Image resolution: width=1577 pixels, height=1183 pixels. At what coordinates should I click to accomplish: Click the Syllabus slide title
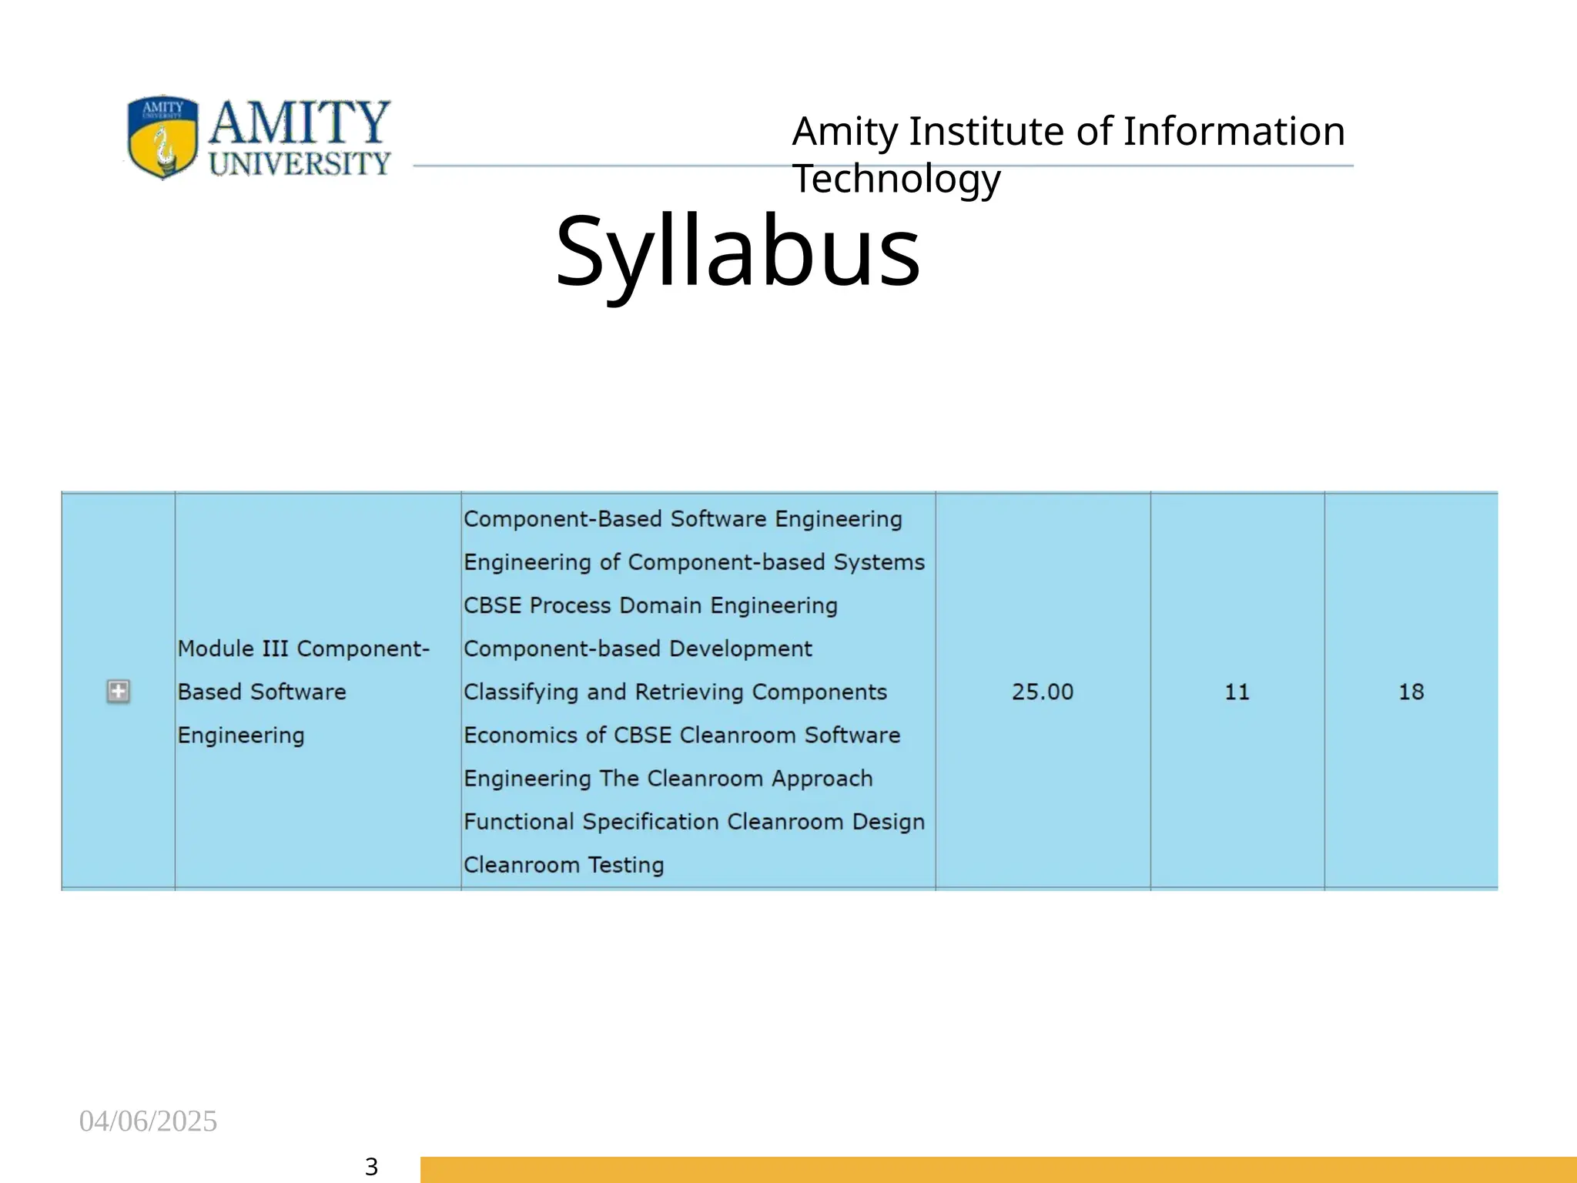pos(737,252)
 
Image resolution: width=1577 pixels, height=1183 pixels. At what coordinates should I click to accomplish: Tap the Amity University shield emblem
pos(162,137)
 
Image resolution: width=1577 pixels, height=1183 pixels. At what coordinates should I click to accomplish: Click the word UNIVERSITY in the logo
pos(300,163)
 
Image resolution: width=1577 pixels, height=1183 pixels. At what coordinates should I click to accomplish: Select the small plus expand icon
pos(118,692)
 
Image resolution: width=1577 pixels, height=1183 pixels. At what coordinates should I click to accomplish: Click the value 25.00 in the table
pos(1042,692)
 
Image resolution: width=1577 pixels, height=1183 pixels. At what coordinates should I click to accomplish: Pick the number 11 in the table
pos(1237,692)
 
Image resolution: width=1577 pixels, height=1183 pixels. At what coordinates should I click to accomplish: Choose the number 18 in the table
pos(1411,692)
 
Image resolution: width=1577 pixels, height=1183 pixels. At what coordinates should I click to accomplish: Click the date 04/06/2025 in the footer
pos(148,1121)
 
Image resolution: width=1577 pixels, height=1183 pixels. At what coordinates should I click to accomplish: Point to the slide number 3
pos(371,1167)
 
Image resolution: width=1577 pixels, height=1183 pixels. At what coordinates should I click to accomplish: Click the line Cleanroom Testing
pos(564,865)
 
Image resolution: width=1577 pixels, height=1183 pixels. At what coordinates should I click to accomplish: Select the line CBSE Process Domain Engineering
pos(650,605)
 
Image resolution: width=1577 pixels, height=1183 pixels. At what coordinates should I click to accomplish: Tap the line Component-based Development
pos(638,648)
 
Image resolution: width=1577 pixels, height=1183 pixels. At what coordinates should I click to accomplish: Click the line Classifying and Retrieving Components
pos(675,692)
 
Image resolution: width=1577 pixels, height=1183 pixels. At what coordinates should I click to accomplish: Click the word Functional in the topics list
pos(519,822)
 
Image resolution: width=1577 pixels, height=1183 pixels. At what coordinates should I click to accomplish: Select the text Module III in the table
pos(233,648)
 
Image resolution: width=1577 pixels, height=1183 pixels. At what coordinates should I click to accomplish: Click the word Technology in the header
pos(896,179)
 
